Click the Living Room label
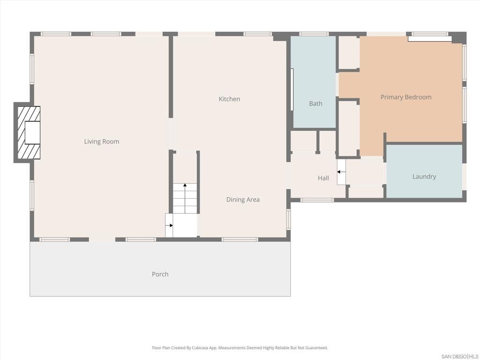(102, 142)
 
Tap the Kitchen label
(229, 99)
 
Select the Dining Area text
(243, 200)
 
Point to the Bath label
(315, 104)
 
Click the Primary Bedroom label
(405, 97)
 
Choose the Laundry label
(424, 177)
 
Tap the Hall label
(323, 178)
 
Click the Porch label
(160, 274)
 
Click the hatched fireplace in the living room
(29, 133)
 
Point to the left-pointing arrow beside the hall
(341, 172)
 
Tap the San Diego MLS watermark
(460, 356)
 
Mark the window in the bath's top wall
(314, 34)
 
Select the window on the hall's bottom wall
(317, 200)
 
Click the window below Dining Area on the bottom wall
(240, 240)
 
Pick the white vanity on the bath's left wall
(292, 90)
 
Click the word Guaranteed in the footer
(315, 348)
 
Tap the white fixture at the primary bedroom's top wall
(429, 39)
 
